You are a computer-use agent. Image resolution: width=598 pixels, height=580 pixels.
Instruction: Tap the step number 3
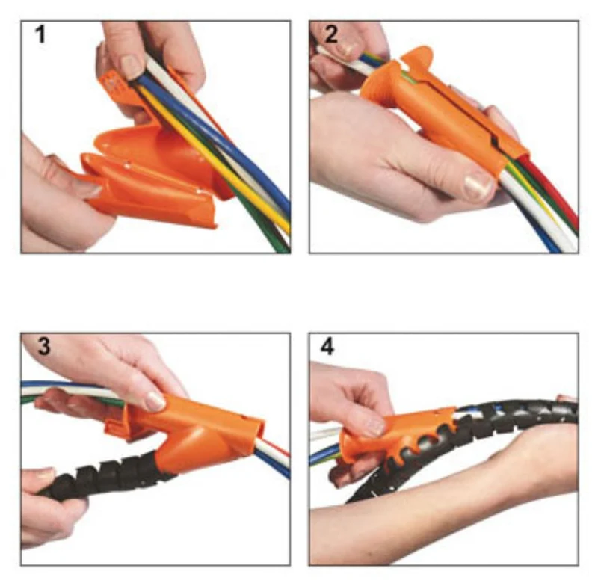43,346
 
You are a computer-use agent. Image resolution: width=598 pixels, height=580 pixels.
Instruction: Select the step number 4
327,346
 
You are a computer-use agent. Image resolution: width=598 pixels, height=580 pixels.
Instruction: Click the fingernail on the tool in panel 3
155,401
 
